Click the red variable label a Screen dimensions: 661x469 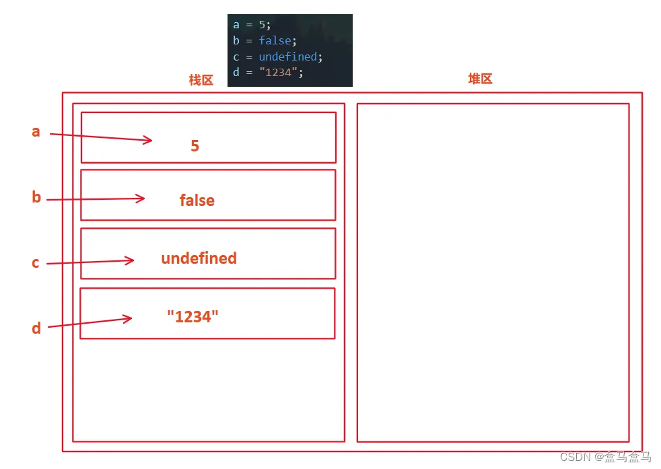[x=36, y=132]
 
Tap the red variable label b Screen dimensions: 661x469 [x=36, y=196]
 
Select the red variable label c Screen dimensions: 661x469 [x=36, y=263]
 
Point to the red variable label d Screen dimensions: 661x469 [x=36, y=328]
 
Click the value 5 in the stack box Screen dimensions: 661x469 [x=195, y=146]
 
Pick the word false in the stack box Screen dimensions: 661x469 [x=197, y=200]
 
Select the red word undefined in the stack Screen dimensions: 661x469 [x=199, y=258]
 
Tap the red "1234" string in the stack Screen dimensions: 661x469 [x=193, y=316]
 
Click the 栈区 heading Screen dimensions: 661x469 [x=201, y=79]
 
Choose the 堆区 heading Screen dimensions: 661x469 [x=480, y=78]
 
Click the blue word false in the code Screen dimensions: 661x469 [x=275, y=40]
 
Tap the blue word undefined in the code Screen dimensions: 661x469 [x=288, y=57]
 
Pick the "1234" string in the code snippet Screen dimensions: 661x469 [x=278, y=72]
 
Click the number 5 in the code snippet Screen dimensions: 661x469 [x=262, y=25]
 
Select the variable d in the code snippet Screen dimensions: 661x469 [x=236, y=72]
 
